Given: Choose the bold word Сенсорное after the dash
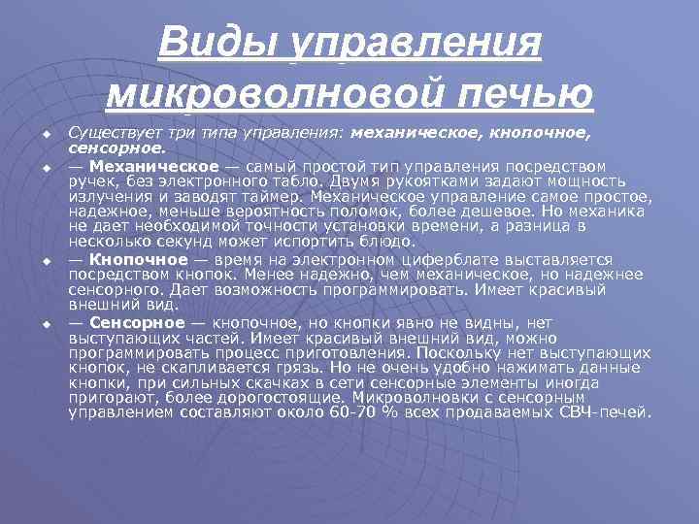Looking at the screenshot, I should coord(137,322).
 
